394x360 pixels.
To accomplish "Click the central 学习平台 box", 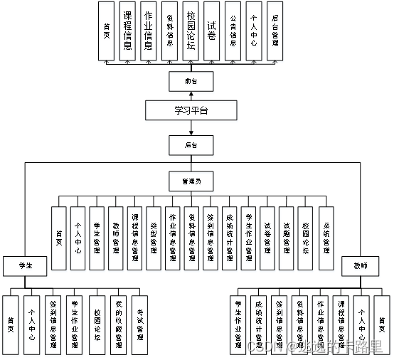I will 191,110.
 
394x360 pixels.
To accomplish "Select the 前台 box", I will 190,82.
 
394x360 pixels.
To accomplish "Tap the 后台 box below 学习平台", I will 190,146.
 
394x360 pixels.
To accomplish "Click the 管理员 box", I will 190,181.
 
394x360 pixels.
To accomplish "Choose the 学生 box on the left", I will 24,265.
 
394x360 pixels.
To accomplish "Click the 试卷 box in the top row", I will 211,31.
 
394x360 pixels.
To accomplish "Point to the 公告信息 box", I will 233,31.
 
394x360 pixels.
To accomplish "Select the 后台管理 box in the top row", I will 274,31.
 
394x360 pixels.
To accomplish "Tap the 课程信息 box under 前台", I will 127,31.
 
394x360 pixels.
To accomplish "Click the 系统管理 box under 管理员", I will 325,237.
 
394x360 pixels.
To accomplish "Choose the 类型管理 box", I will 153,237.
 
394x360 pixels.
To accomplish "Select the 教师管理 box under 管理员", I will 116,237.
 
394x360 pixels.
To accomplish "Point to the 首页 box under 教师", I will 382,322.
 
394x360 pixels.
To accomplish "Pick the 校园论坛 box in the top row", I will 191,31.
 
